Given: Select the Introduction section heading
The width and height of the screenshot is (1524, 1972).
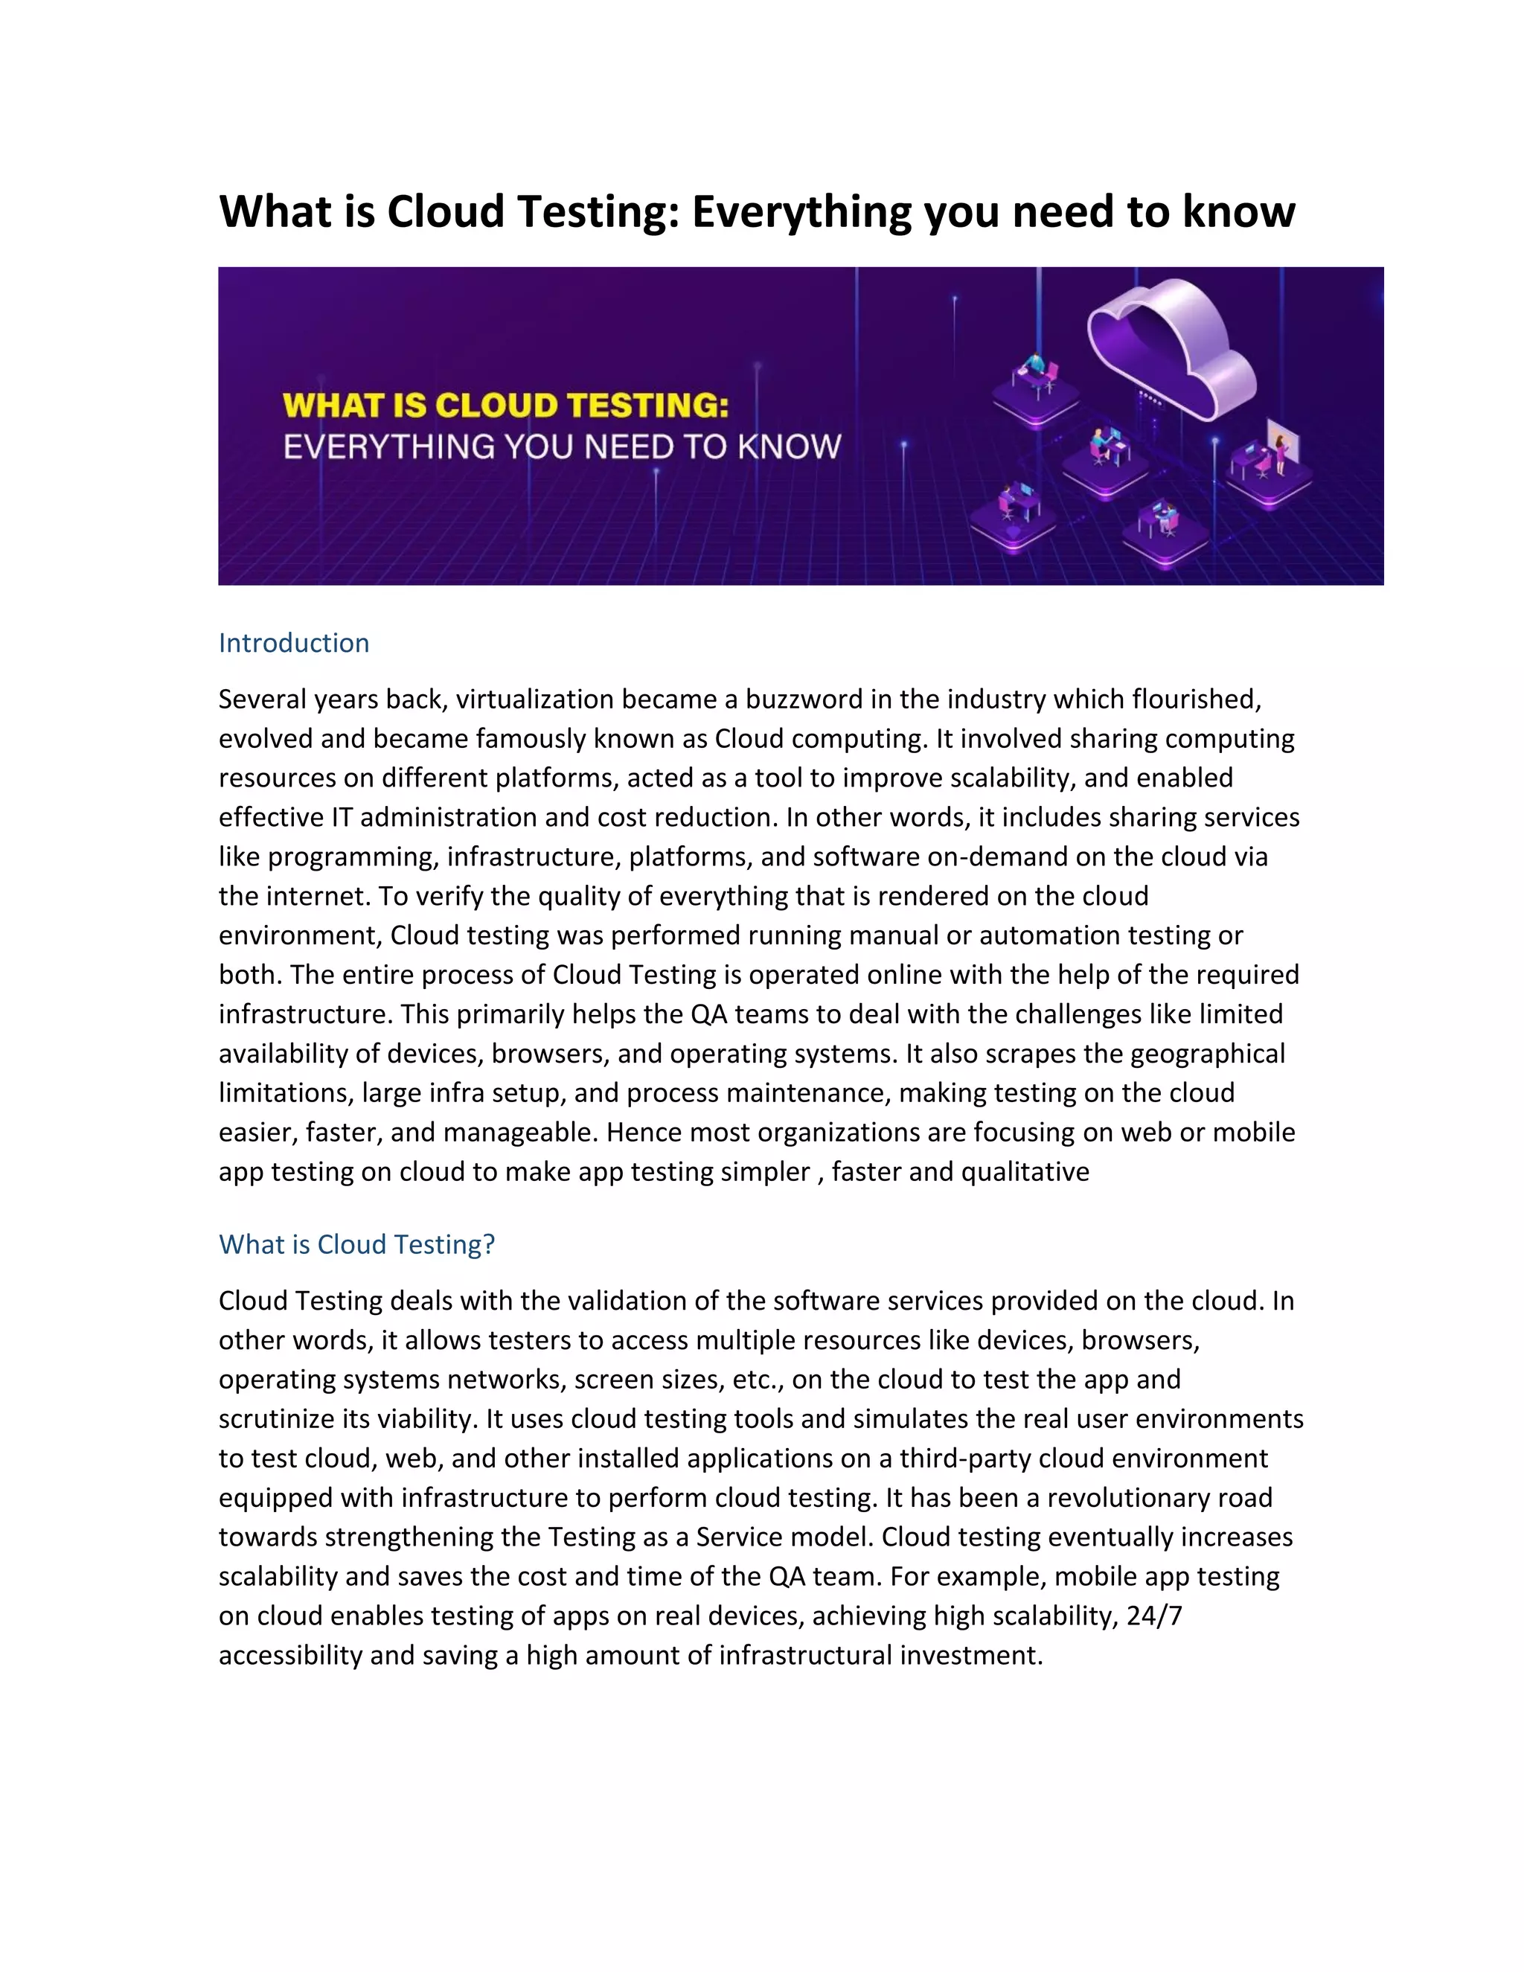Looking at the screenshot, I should tap(293, 643).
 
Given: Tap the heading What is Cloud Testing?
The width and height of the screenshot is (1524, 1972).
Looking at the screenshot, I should tap(356, 1244).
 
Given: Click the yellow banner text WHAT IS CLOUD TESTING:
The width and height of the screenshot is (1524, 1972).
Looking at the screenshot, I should tap(505, 406).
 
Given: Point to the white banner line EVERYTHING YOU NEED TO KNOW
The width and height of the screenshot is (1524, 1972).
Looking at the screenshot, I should tap(562, 447).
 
